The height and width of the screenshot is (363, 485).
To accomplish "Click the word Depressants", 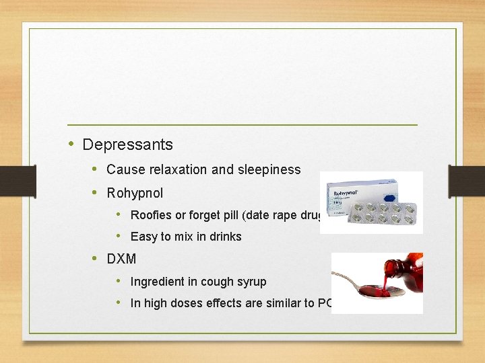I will [x=127, y=145].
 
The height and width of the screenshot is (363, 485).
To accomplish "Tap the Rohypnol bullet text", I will [x=135, y=193].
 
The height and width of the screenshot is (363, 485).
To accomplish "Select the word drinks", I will [x=224, y=237].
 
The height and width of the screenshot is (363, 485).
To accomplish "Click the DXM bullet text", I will [x=121, y=259].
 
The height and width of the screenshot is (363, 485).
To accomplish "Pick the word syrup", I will [x=251, y=282].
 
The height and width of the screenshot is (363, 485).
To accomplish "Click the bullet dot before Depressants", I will [x=71, y=144].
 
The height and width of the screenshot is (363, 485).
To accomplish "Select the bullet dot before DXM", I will [x=94, y=258].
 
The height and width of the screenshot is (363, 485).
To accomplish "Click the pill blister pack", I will [x=384, y=215].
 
